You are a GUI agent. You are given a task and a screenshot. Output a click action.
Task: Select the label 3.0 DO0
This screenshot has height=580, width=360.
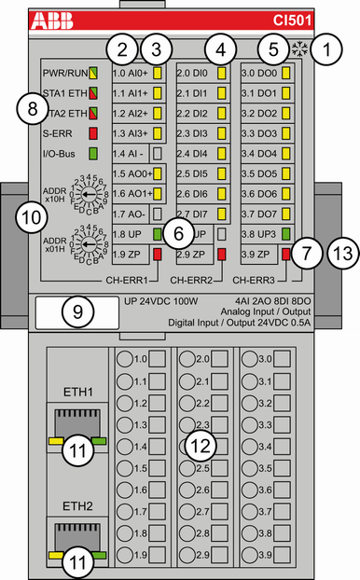pos(259,73)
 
